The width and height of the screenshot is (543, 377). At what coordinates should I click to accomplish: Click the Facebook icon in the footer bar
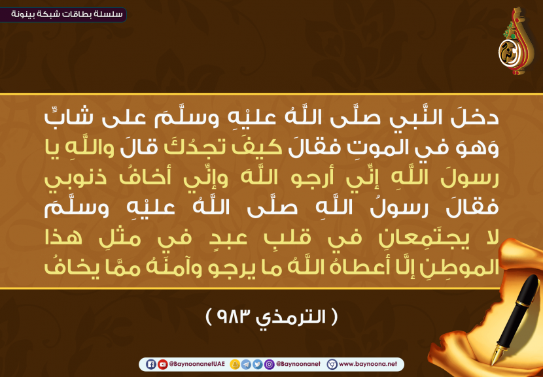(150, 364)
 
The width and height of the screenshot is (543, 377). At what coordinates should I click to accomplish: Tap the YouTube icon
(162, 364)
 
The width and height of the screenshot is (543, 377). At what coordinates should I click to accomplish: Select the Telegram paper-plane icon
(246, 364)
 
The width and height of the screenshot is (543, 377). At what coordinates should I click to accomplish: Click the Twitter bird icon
(257, 364)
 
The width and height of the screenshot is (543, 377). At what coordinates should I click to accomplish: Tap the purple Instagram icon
(269, 364)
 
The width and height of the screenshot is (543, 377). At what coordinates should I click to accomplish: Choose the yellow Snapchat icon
(235, 364)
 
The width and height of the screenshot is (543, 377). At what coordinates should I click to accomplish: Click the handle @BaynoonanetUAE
(197, 364)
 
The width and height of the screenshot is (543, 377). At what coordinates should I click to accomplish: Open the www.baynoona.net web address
(368, 364)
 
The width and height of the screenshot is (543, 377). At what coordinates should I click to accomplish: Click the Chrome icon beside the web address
(332, 364)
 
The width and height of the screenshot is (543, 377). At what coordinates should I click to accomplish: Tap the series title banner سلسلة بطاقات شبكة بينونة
(63, 15)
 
